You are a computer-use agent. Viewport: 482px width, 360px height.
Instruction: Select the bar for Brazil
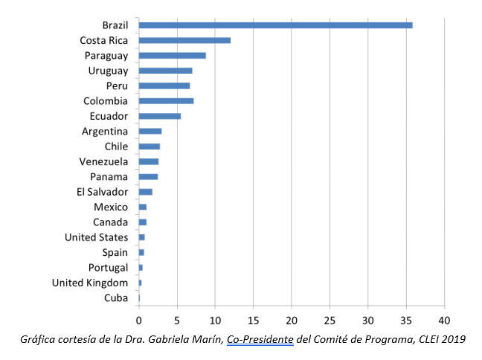click(275, 25)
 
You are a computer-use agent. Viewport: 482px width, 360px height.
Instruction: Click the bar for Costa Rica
click(184, 40)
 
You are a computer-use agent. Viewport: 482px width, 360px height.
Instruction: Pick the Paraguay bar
click(172, 56)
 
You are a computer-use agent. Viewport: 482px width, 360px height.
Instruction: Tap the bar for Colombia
click(166, 101)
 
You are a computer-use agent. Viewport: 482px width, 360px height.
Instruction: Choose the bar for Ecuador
click(159, 116)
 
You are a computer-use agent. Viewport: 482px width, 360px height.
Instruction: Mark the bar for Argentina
click(150, 132)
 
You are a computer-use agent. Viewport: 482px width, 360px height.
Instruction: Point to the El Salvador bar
click(145, 192)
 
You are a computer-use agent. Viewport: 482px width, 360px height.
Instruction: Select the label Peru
click(117, 86)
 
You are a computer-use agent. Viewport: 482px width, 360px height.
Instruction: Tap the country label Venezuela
click(103, 161)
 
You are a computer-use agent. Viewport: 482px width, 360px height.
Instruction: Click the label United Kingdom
click(90, 283)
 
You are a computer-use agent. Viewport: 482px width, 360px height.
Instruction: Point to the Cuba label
click(116, 298)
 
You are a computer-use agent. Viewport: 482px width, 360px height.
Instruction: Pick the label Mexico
click(111, 207)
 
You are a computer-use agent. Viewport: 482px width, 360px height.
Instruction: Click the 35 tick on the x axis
click(406, 321)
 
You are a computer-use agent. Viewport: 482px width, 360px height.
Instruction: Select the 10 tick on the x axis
click(215, 321)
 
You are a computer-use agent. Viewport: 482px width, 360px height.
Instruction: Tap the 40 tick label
click(444, 321)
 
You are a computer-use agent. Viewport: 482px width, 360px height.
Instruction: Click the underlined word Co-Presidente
click(260, 340)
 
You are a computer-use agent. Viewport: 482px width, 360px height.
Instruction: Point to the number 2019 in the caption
click(452, 340)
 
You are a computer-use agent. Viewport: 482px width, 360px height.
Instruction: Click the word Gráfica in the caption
click(38, 340)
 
